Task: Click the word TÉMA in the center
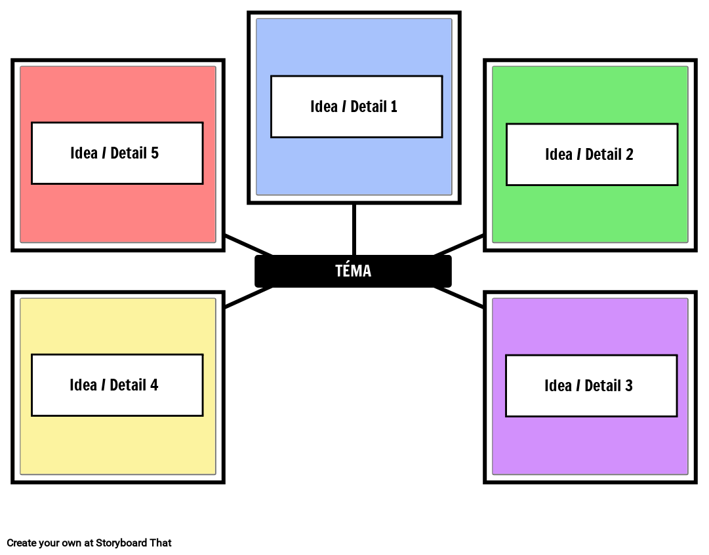point(353,271)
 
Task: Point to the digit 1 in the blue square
point(394,107)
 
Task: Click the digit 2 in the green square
point(629,155)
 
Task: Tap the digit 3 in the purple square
point(628,386)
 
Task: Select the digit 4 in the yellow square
point(154,385)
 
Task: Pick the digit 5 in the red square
point(155,153)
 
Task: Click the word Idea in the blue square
point(324,107)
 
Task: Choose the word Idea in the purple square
point(558,386)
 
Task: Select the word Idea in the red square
point(84,153)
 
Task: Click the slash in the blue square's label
point(344,107)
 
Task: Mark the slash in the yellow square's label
point(104,385)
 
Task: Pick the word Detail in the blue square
point(368,107)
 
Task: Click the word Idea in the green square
point(559,155)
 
